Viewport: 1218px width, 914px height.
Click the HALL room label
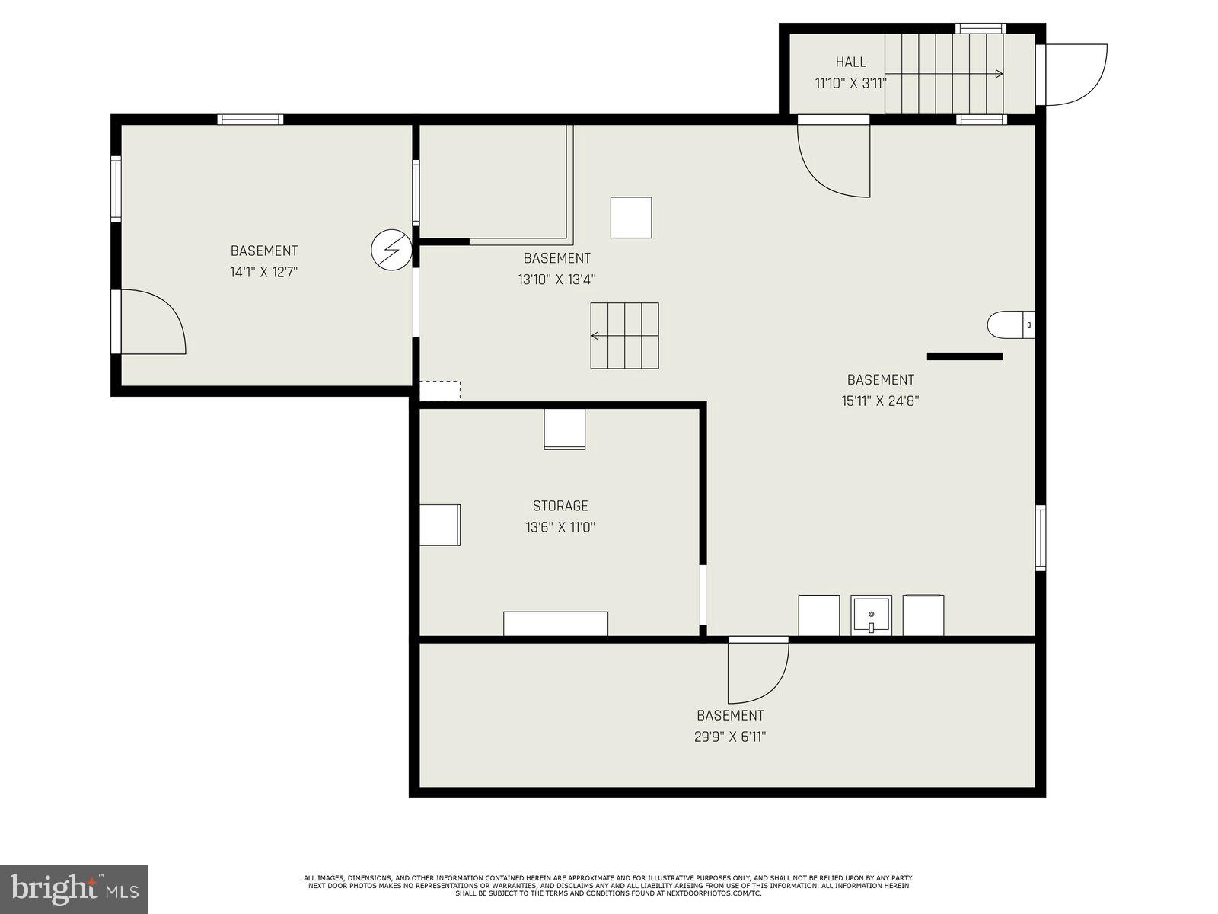pyautogui.click(x=850, y=62)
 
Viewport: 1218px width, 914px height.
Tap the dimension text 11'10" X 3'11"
pyautogui.click(x=850, y=84)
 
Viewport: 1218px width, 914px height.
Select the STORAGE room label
pyautogui.click(x=560, y=506)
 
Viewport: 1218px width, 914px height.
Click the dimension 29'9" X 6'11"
pyautogui.click(x=730, y=737)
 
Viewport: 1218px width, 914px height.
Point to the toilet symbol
pyautogui.click(x=1009, y=325)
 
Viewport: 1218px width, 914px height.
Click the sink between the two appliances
pyautogui.click(x=871, y=615)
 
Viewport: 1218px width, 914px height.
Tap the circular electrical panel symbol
pyautogui.click(x=391, y=249)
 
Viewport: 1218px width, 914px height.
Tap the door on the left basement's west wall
pyautogui.click(x=151, y=322)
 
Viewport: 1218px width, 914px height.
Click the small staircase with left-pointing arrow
pyautogui.click(x=624, y=335)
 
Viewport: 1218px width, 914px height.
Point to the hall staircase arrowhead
pyautogui.click(x=999, y=74)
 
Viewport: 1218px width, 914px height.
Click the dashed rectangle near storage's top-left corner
pyautogui.click(x=440, y=391)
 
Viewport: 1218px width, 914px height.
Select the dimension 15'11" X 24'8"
pyautogui.click(x=880, y=401)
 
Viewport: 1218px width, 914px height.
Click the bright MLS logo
pyautogui.click(x=74, y=889)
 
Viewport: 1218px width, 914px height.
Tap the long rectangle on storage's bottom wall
pyautogui.click(x=555, y=623)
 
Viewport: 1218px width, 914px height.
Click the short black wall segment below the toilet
pyautogui.click(x=965, y=356)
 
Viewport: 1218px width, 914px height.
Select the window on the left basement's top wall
pyautogui.click(x=250, y=120)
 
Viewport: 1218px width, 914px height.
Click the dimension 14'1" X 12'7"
pyautogui.click(x=263, y=272)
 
